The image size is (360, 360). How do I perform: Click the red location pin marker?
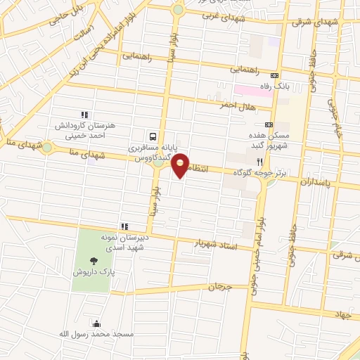[181, 165]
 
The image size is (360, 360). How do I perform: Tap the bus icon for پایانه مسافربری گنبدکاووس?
[153, 137]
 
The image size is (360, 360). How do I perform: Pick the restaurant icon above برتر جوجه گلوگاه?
[259, 161]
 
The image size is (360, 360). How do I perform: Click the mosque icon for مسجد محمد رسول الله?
[96, 322]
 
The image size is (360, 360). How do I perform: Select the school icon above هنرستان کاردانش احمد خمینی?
[84, 115]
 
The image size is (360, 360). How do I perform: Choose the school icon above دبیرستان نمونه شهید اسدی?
[124, 226]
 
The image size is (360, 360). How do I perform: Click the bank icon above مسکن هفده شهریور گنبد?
[269, 124]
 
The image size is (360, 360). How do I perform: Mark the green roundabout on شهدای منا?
[47, 148]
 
